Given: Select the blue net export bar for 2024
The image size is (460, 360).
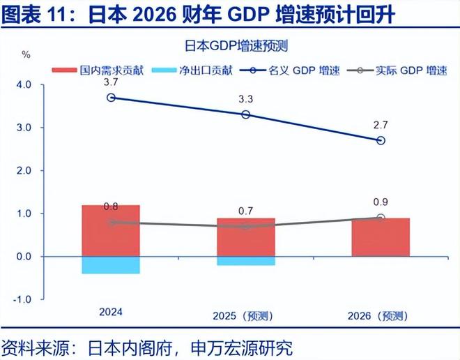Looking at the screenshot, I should point(111,265).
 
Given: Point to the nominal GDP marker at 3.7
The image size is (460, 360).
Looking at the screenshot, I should point(111,98).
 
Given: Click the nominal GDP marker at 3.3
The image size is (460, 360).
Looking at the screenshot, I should point(245,114).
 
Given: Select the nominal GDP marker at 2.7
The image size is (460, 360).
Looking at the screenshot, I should point(380,140).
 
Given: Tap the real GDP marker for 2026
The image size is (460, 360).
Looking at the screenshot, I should point(380,218).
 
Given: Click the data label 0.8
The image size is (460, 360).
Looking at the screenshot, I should point(111,207).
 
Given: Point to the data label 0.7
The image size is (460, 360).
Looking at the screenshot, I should point(245,211).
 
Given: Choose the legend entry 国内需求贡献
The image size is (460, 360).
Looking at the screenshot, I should point(100,70).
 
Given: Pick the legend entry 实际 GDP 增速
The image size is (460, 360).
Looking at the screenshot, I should point(405,70).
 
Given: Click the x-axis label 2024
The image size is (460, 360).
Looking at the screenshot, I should point(110,312).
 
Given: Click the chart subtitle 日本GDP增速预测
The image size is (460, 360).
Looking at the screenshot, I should point(236,47).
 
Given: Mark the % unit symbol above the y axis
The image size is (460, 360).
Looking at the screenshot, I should point(26,54).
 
